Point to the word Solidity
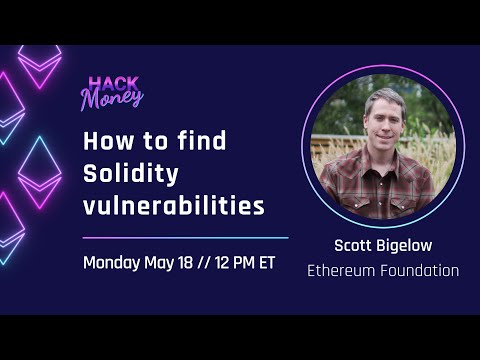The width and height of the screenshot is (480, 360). pos(130,175)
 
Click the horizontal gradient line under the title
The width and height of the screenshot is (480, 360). pos(185,238)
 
